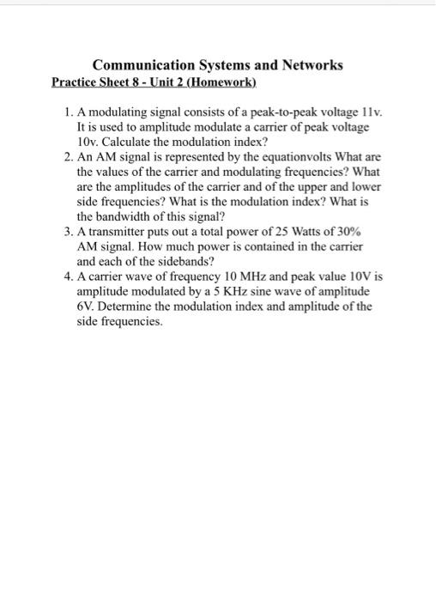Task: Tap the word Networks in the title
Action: click(x=312, y=65)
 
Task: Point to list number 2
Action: click(x=67, y=157)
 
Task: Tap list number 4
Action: click(x=67, y=277)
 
